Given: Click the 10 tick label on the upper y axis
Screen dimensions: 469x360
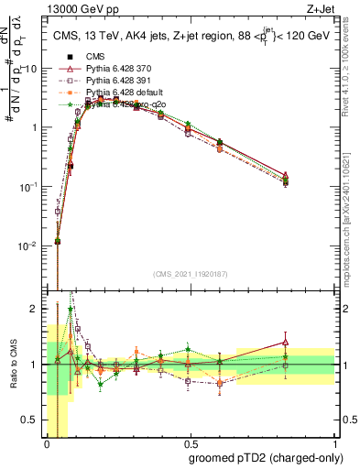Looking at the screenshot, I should pos(34,69).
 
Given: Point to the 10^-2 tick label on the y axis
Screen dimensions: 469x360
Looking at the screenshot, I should pos(31,245).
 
